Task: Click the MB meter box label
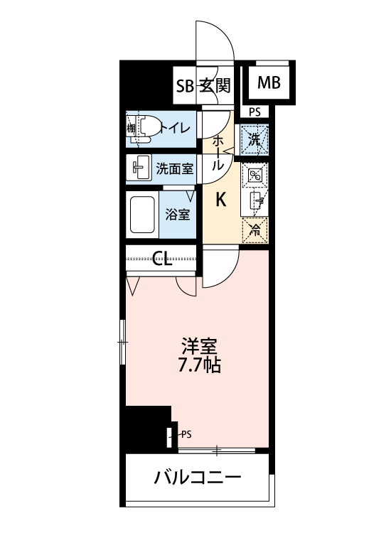[x=269, y=82]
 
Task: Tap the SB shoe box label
[x=185, y=86]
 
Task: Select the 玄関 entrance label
[x=215, y=85]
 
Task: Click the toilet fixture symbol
[x=141, y=129]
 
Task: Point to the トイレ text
[x=175, y=129]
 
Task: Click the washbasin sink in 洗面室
[x=139, y=168]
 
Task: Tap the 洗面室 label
[x=174, y=168]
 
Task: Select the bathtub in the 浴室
[x=142, y=215]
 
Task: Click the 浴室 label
[x=178, y=215]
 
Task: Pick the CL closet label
[x=162, y=259]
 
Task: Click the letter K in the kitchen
[x=221, y=200]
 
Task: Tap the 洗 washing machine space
[x=255, y=140]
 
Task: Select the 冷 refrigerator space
[x=255, y=230]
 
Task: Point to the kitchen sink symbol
[x=257, y=201]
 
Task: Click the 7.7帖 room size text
[x=200, y=365]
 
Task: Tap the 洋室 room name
[x=199, y=346]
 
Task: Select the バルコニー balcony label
[x=198, y=478]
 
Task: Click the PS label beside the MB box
[x=255, y=112]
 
